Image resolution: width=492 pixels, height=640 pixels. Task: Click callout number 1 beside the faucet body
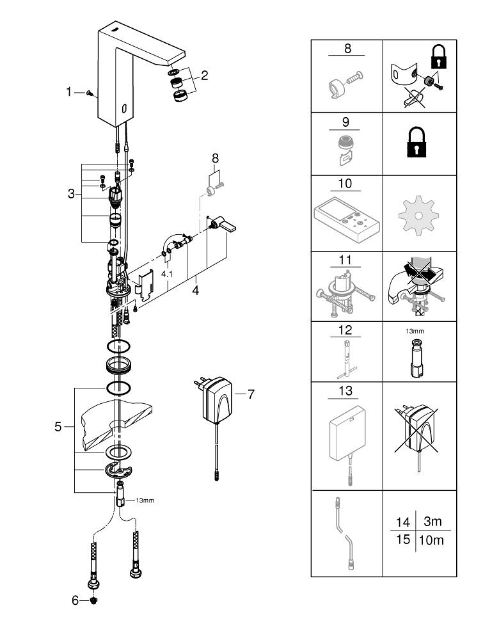(69, 92)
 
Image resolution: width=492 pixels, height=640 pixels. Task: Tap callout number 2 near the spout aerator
(204, 76)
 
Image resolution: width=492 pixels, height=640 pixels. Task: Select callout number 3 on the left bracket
(71, 193)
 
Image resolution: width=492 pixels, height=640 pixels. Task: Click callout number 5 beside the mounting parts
(58, 427)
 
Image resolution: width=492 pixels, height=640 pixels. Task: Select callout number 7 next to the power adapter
(250, 394)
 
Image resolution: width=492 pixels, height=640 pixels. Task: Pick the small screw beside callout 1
(91, 93)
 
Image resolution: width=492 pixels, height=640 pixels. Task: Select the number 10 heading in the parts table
(345, 184)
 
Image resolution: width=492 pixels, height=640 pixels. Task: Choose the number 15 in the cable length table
(402, 540)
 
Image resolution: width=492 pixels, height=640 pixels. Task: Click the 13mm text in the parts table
(417, 332)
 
